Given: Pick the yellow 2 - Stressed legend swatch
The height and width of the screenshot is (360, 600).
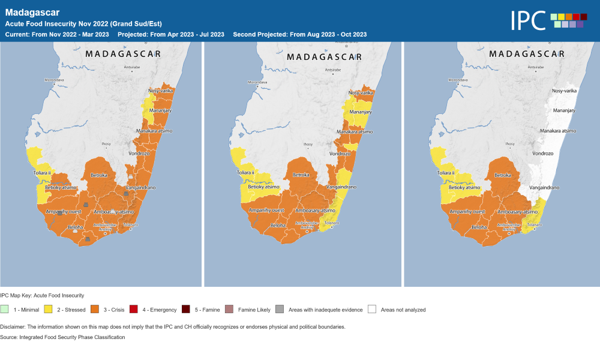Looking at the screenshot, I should (x=48, y=310).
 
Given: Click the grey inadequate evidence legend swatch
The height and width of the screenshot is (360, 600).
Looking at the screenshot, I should (x=280, y=310).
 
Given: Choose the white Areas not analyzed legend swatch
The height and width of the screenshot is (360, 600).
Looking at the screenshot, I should (x=372, y=310).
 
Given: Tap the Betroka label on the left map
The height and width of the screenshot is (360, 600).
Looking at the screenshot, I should (x=98, y=175).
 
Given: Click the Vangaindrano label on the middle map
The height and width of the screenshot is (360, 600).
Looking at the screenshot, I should (x=341, y=187).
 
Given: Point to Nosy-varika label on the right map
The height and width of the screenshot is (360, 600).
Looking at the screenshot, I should (x=564, y=90).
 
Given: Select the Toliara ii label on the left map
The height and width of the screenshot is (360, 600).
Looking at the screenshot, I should (x=44, y=173).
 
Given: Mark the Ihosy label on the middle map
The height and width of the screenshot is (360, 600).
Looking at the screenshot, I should (x=308, y=144).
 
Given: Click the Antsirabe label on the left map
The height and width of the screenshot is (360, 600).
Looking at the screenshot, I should (x=132, y=68).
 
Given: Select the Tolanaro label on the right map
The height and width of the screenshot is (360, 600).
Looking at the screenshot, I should (x=533, y=223).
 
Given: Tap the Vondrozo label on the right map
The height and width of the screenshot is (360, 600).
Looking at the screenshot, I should (x=543, y=153).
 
